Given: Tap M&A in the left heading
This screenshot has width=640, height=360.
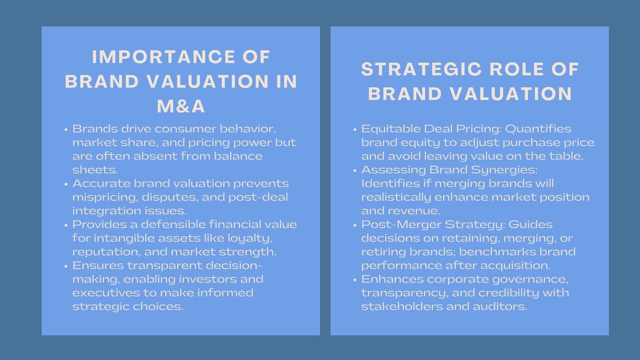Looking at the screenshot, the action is [x=181, y=106].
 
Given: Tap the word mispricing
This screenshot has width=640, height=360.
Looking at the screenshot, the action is [x=106, y=198].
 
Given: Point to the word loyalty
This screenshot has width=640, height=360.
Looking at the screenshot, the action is [x=250, y=238].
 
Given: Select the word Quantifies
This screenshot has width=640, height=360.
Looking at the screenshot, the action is [x=538, y=129].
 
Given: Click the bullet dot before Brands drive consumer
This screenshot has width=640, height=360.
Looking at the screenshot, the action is [x=66, y=130].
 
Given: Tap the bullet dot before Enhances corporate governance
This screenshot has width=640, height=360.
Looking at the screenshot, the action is [x=355, y=280].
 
